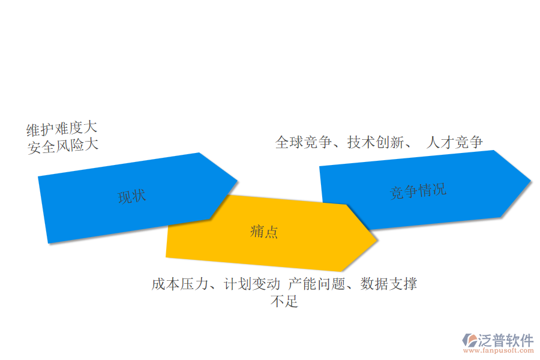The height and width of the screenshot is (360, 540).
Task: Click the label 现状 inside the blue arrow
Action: [x=132, y=197]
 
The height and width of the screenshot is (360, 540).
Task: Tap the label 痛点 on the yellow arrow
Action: [x=264, y=232]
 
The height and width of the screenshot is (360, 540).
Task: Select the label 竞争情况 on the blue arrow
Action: [x=418, y=191]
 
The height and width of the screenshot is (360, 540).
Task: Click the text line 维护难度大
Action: [x=62, y=129]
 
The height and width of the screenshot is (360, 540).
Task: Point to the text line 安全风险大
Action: [x=63, y=146]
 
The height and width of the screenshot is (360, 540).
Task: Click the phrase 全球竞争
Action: [x=304, y=142]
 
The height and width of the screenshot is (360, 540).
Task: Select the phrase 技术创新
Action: [x=376, y=142]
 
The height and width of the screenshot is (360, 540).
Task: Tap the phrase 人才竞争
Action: [x=455, y=142]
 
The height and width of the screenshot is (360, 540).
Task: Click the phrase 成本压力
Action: [x=180, y=284]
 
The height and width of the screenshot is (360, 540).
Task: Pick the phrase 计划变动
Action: [x=252, y=284]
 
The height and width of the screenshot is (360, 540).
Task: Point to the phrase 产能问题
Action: [x=317, y=284]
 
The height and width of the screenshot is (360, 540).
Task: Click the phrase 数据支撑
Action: [x=389, y=284]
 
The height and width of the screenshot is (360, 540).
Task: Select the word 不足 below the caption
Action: [x=284, y=301]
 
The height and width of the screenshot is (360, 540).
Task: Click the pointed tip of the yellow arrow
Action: [x=376, y=240]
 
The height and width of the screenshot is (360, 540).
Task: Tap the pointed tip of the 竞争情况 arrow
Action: [x=531, y=181]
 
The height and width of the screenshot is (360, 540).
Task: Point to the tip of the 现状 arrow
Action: [x=237, y=180]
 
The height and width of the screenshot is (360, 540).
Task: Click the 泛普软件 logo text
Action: [x=506, y=340]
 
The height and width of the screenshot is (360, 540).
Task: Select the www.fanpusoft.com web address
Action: [x=499, y=350]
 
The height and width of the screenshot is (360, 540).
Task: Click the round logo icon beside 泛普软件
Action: [x=470, y=340]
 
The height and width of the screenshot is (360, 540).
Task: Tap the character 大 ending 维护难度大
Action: [x=91, y=127]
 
